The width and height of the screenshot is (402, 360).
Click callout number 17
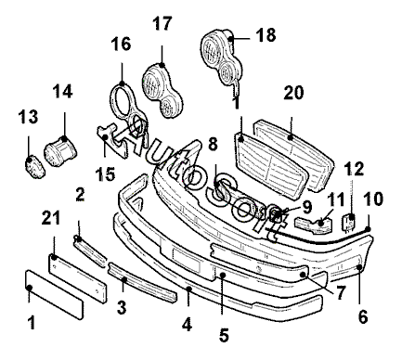162,24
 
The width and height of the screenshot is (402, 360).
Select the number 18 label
266,34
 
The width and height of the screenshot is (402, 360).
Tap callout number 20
293,92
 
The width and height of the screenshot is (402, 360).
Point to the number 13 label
28,117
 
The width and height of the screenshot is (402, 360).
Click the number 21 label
51,218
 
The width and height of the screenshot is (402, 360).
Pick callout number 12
355,169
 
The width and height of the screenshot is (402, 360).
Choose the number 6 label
363,316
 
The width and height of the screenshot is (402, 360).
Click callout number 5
224,335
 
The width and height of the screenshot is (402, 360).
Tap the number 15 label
105,174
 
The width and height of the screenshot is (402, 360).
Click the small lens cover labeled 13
34,168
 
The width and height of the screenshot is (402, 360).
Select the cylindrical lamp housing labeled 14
60,150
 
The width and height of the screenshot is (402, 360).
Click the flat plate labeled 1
54,294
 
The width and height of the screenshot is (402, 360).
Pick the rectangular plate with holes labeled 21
79,277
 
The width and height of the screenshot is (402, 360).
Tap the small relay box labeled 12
349,222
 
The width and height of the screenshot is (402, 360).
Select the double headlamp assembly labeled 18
221,58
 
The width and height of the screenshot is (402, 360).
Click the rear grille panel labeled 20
294,155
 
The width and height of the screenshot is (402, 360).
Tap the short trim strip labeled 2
90,251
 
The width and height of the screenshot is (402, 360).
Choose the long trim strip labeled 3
142,282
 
